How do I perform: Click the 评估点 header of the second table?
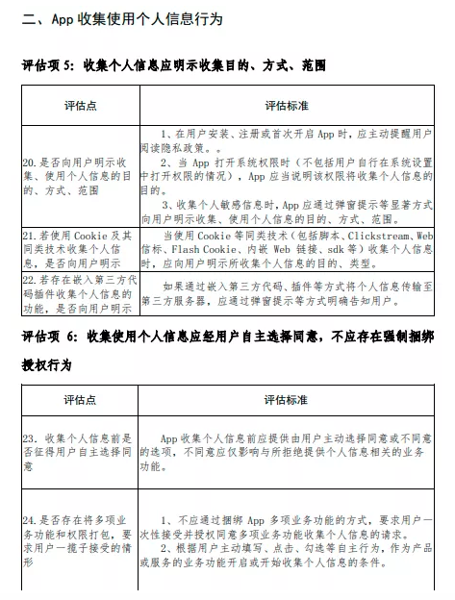tap(81, 400)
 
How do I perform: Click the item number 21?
tap(30, 234)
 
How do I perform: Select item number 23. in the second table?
tap(30, 438)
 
